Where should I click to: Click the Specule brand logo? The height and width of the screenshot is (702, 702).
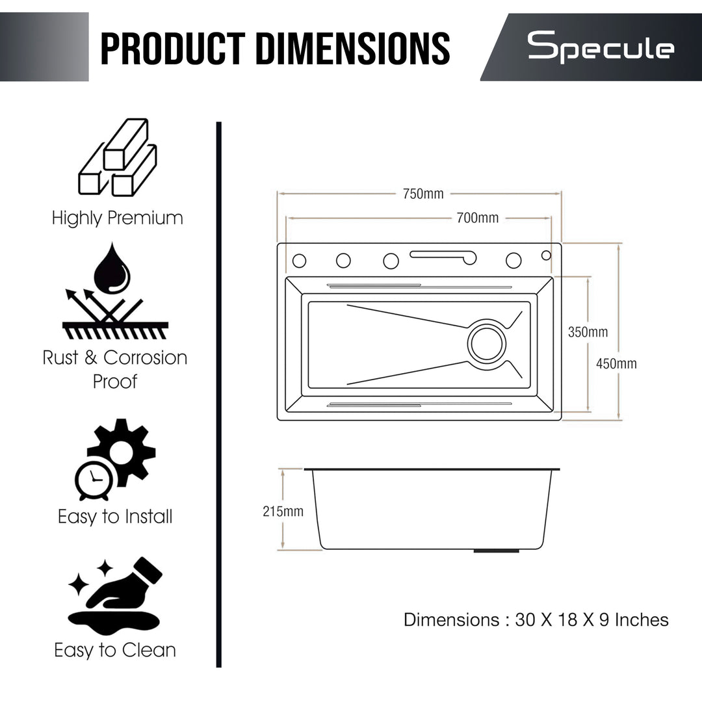600,49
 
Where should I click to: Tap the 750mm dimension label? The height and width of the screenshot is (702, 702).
422,194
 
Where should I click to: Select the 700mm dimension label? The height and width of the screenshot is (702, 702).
477,218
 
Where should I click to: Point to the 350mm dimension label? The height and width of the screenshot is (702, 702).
588,332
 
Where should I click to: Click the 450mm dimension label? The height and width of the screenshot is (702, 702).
616,364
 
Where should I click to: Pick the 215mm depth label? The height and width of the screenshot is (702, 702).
283,512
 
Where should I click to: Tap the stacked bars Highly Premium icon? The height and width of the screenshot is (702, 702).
118,158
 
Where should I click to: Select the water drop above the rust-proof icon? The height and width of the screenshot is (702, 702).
112,268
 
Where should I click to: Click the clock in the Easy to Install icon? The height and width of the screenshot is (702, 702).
94,482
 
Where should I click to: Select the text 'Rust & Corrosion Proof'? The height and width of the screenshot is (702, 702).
115,369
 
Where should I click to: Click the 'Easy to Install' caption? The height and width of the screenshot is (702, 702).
115,517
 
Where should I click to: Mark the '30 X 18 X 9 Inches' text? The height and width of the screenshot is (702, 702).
591,619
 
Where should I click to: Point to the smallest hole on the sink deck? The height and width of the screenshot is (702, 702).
546,255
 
